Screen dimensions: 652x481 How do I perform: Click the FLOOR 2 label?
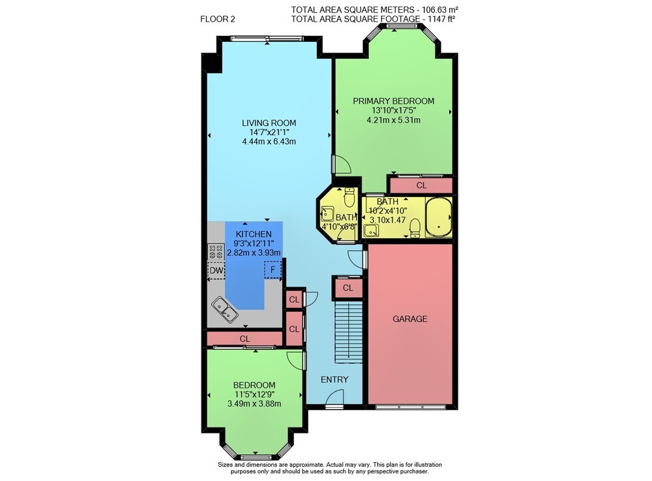[218, 19]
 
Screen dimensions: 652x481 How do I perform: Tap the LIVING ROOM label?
[269, 123]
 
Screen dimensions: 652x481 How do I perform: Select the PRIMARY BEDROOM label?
[393, 101]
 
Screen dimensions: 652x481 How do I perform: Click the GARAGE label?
[410, 318]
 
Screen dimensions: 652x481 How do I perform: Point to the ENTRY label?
[334, 379]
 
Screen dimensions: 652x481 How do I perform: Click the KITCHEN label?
[254, 234]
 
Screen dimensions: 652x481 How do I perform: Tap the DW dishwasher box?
[216, 270]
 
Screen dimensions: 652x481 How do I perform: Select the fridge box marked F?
[273, 270]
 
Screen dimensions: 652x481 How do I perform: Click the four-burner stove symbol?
[216, 252]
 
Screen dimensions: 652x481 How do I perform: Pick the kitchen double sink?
[225, 309]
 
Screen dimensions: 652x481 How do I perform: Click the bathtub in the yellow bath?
[439, 217]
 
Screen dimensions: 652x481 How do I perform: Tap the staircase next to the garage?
[348, 332]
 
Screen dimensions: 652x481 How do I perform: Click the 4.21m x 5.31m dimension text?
[393, 120]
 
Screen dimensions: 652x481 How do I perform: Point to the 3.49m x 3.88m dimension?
[254, 403]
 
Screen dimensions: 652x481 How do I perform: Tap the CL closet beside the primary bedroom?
[421, 185]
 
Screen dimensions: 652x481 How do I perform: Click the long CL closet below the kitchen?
[245, 339]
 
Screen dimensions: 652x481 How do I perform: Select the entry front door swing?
[335, 397]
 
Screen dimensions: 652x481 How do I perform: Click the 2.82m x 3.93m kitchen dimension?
[254, 253]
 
